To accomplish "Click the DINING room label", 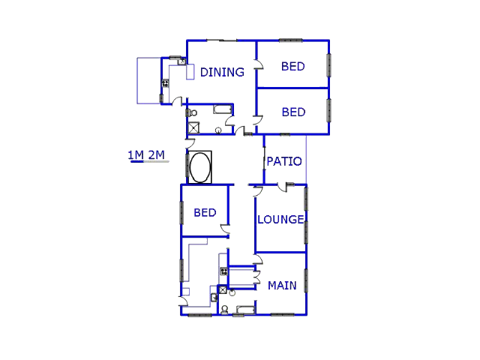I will click(x=222, y=73).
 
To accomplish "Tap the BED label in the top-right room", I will click(x=293, y=66).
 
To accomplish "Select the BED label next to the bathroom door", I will click(x=293, y=112).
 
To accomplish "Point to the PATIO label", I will click(x=284, y=161).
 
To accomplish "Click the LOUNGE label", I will click(x=280, y=220).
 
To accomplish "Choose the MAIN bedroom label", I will click(x=282, y=285).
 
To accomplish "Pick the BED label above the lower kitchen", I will click(x=205, y=212).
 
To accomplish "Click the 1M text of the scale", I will click(x=136, y=155).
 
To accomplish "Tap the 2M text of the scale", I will click(x=156, y=155).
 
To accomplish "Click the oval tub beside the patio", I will click(x=200, y=167).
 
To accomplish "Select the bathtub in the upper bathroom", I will click(x=223, y=110).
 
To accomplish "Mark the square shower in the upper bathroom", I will click(x=193, y=127).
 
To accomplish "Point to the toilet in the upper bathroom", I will click(x=193, y=113).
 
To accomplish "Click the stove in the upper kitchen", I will click(x=165, y=83).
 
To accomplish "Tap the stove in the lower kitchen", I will click(x=223, y=271).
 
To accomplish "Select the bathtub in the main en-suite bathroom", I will click(x=245, y=309).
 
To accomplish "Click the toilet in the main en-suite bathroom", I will click(x=224, y=309).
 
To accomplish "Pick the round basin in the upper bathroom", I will click(x=218, y=130).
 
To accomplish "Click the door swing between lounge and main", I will click(x=258, y=259).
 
